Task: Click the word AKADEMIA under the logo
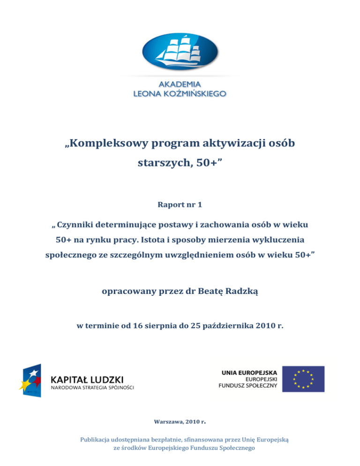pyautogui.click(x=180, y=84)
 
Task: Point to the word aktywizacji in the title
pyautogui.click(x=231, y=143)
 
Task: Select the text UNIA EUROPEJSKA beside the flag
pyautogui.click(x=249, y=371)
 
